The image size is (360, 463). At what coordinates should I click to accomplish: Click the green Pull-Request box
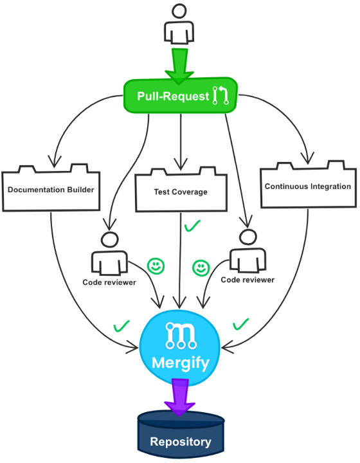pos(180,96)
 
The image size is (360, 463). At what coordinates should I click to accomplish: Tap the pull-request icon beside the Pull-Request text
pos(221,96)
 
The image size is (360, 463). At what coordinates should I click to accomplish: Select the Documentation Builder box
pos(51,188)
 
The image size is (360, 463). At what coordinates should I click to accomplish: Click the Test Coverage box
pos(181,190)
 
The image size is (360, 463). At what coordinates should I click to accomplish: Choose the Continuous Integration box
pos(308,185)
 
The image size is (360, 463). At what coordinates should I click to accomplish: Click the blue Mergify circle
pos(180,348)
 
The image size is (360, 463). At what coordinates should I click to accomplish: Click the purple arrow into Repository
pos(180,397)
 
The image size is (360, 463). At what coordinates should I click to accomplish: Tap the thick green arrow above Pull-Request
pos(179,66)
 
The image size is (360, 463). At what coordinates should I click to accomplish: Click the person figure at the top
pos(179,24)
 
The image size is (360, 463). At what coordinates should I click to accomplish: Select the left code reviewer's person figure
pos(109,254)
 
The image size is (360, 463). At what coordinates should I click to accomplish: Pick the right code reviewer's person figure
pos(248,251)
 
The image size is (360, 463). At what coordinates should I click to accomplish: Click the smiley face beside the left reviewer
pos(156,266)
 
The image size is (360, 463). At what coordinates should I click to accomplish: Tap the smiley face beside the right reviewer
pos(201,268)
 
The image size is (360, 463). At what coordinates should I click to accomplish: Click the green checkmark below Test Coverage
pos(192,226)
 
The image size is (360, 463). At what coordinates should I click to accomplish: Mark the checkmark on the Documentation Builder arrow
pos(122,325)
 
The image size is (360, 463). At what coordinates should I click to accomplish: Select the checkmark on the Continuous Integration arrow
pos(241,324)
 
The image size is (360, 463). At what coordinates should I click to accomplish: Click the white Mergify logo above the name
pos(181,336)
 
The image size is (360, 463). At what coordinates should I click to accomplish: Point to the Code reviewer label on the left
pos(109,282)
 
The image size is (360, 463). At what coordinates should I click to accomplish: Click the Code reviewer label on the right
pos(248,280)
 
